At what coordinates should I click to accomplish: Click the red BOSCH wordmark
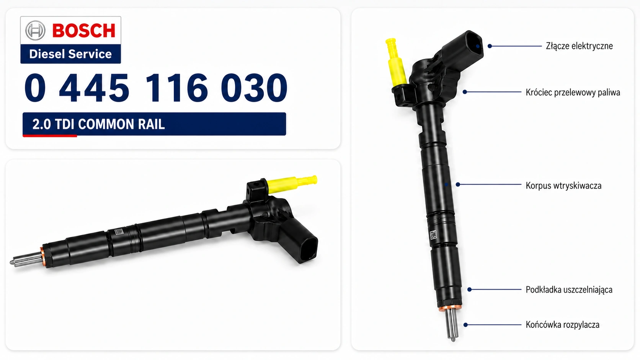tap(84, 31)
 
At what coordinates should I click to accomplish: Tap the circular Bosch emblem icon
tap(35, 30)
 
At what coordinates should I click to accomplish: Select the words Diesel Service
tap(70, 54)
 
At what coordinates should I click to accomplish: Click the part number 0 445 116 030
tap(156, 87)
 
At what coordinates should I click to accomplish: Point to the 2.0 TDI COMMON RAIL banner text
tap(98, 124)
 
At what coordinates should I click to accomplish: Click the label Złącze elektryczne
tap(579, 46)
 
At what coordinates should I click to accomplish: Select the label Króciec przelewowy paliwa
tap(573, 93)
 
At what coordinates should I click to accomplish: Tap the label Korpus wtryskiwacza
tap(563, 186)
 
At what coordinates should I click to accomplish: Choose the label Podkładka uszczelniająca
tap(569, 290)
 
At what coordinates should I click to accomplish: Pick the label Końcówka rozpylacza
tap(562, 325)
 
